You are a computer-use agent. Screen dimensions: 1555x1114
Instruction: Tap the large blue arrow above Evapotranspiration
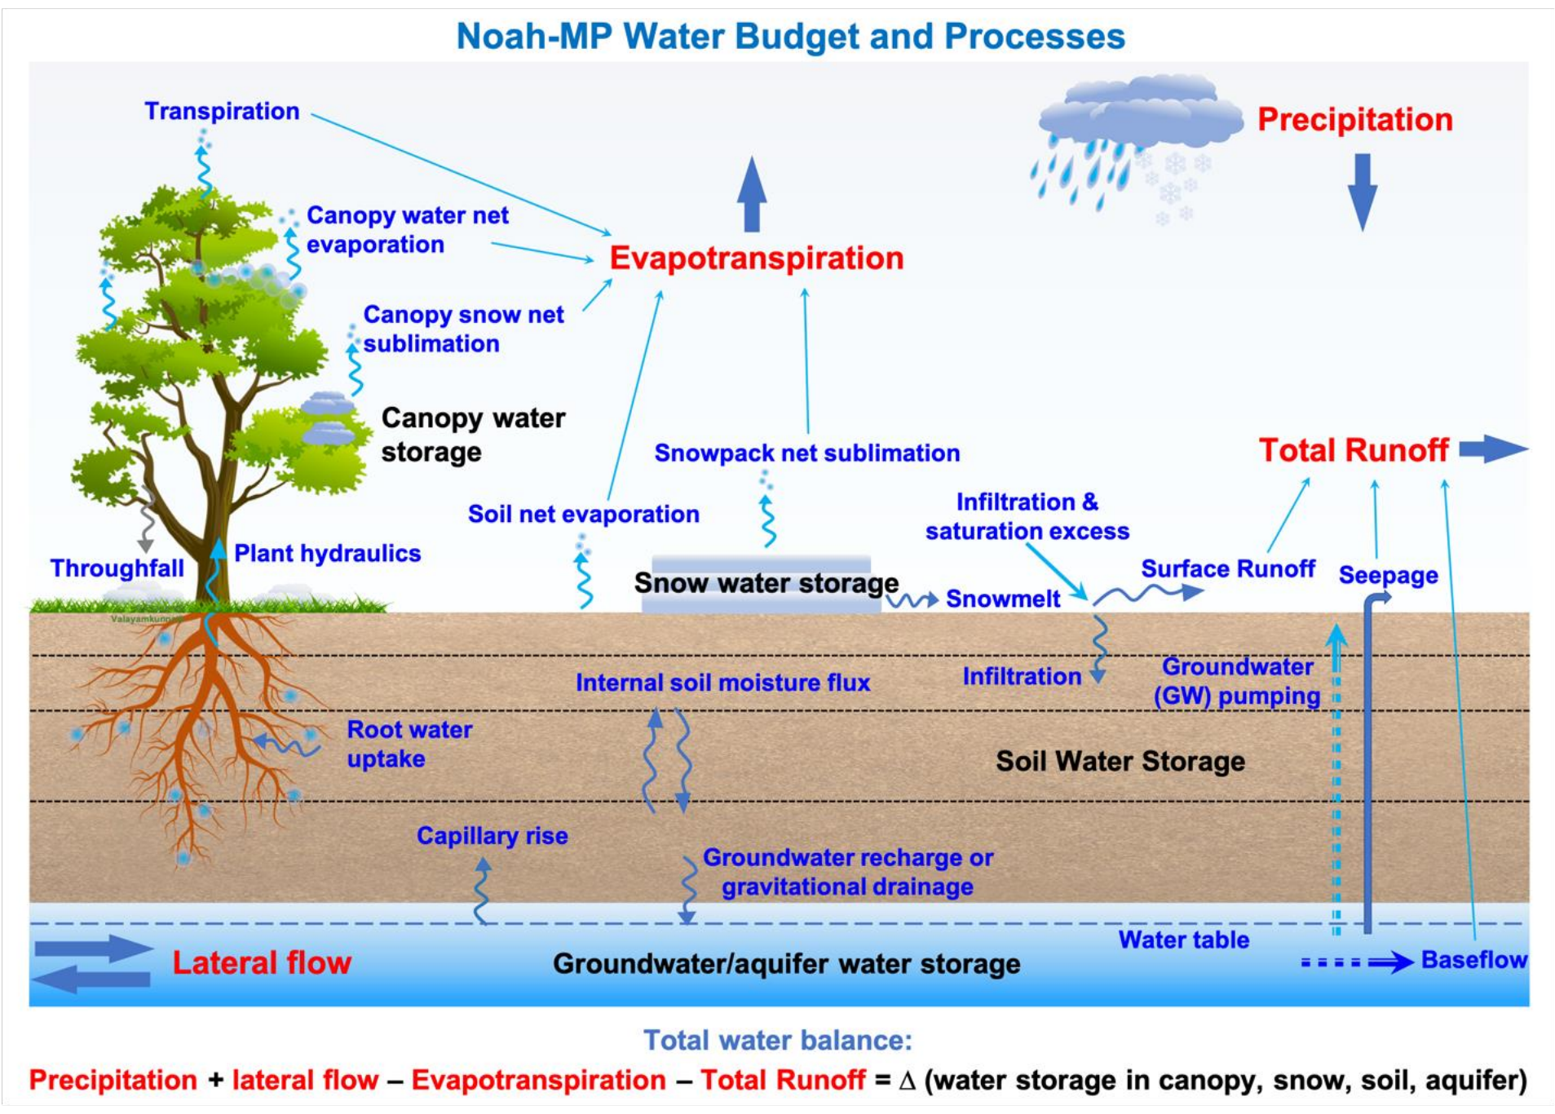click(x=752, y=194)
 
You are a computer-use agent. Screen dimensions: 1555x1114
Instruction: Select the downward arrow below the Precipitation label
click(x=1362, y=192)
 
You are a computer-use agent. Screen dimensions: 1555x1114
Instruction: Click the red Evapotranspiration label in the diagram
click(x=757, y=259)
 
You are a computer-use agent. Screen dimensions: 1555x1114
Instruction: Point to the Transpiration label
click(x=222, y=111)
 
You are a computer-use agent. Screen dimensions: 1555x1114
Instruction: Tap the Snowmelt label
click(x=1003, y=599)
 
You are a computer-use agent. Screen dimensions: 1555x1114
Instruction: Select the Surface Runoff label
click(x=1228, y=568)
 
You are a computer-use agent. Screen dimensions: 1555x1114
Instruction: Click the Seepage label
click(x=1388, y=576)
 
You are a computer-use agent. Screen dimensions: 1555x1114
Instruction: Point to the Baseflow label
click(x=1473, y=960)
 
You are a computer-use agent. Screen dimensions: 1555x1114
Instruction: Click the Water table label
click(x=1183, y=939)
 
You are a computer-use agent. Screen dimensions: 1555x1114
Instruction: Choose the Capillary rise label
click(x=492, y=836)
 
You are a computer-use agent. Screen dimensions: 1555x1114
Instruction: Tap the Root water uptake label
click(x=409, y=744)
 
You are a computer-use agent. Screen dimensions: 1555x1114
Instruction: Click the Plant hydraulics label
click(x=327, y=554)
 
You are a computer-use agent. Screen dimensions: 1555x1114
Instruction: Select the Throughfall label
click(x=117, y=568)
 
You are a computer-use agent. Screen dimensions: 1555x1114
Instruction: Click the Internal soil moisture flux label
click(x=722, y=683)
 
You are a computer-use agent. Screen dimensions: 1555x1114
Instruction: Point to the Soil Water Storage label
click(x=1120, y=761)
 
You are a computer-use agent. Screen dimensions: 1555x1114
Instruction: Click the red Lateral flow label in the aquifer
click(x=262, y=963)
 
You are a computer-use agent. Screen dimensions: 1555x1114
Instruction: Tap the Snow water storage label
click(x=766, y=583)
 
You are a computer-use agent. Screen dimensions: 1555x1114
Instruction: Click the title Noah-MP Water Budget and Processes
click(x=790, y=37)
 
